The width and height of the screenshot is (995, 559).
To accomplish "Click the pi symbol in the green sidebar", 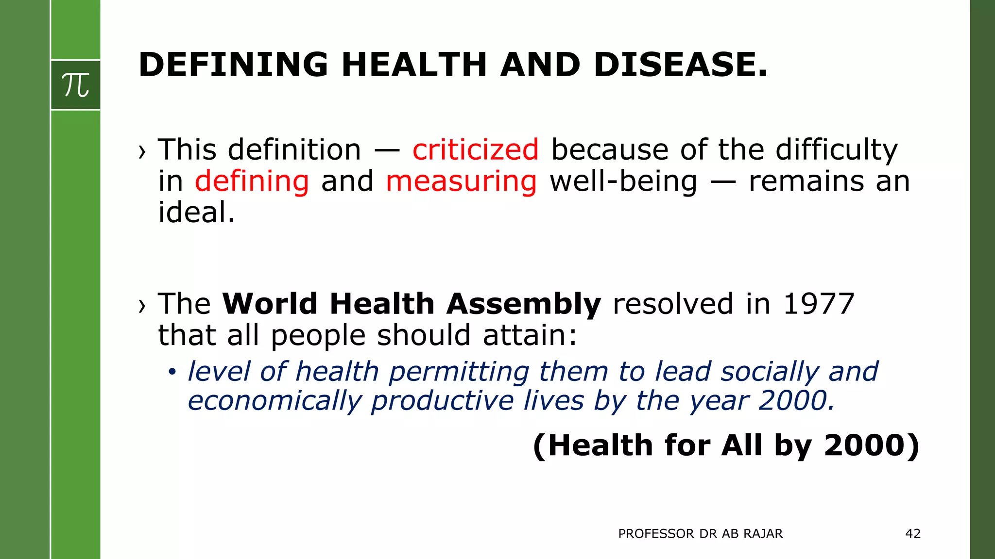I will click(76, 85).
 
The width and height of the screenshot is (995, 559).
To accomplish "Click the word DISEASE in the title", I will click(680, 65).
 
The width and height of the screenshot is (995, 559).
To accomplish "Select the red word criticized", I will click(475, 149).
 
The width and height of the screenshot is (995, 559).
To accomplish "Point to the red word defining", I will click(252, 181).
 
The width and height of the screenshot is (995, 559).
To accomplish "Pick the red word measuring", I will click(461, 181).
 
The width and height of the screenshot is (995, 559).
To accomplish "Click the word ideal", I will click(196, 213).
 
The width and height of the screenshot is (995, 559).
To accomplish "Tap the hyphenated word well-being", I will click(623, 181).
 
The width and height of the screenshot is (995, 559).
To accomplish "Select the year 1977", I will click(819, 304).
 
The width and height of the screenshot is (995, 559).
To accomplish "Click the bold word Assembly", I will click(524, 304).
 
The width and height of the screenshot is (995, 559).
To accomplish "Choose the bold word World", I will click(270, 304).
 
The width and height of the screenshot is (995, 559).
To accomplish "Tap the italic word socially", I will click(770, 372).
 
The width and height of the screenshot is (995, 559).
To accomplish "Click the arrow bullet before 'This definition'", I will click(142, 152).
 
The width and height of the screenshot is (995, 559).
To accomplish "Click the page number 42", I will click(913, 534).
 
